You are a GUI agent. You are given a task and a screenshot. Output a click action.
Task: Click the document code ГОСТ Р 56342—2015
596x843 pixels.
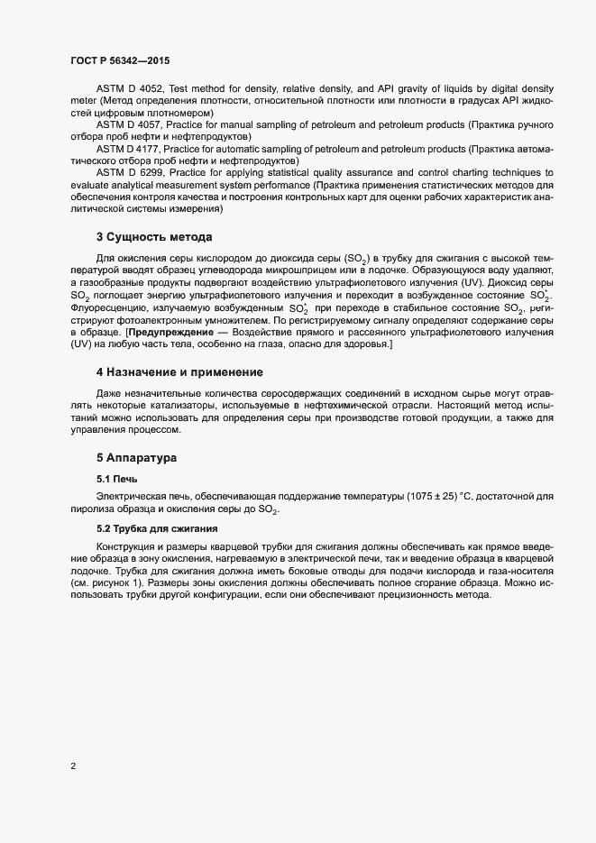(x=120, y=60)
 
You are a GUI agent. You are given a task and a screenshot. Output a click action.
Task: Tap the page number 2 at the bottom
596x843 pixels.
(x=73, y=767)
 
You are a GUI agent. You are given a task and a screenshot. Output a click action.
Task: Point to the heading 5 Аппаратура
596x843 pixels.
(x=137, y=458)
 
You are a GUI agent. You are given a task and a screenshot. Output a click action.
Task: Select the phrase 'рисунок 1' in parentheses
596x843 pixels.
(x=106, y=582)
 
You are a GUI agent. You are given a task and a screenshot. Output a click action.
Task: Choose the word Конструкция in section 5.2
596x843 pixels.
(x=126, y=545)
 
